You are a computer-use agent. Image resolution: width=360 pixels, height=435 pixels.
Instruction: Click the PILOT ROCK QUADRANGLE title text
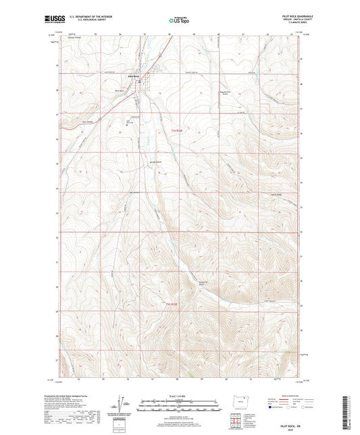tap(284, 17)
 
